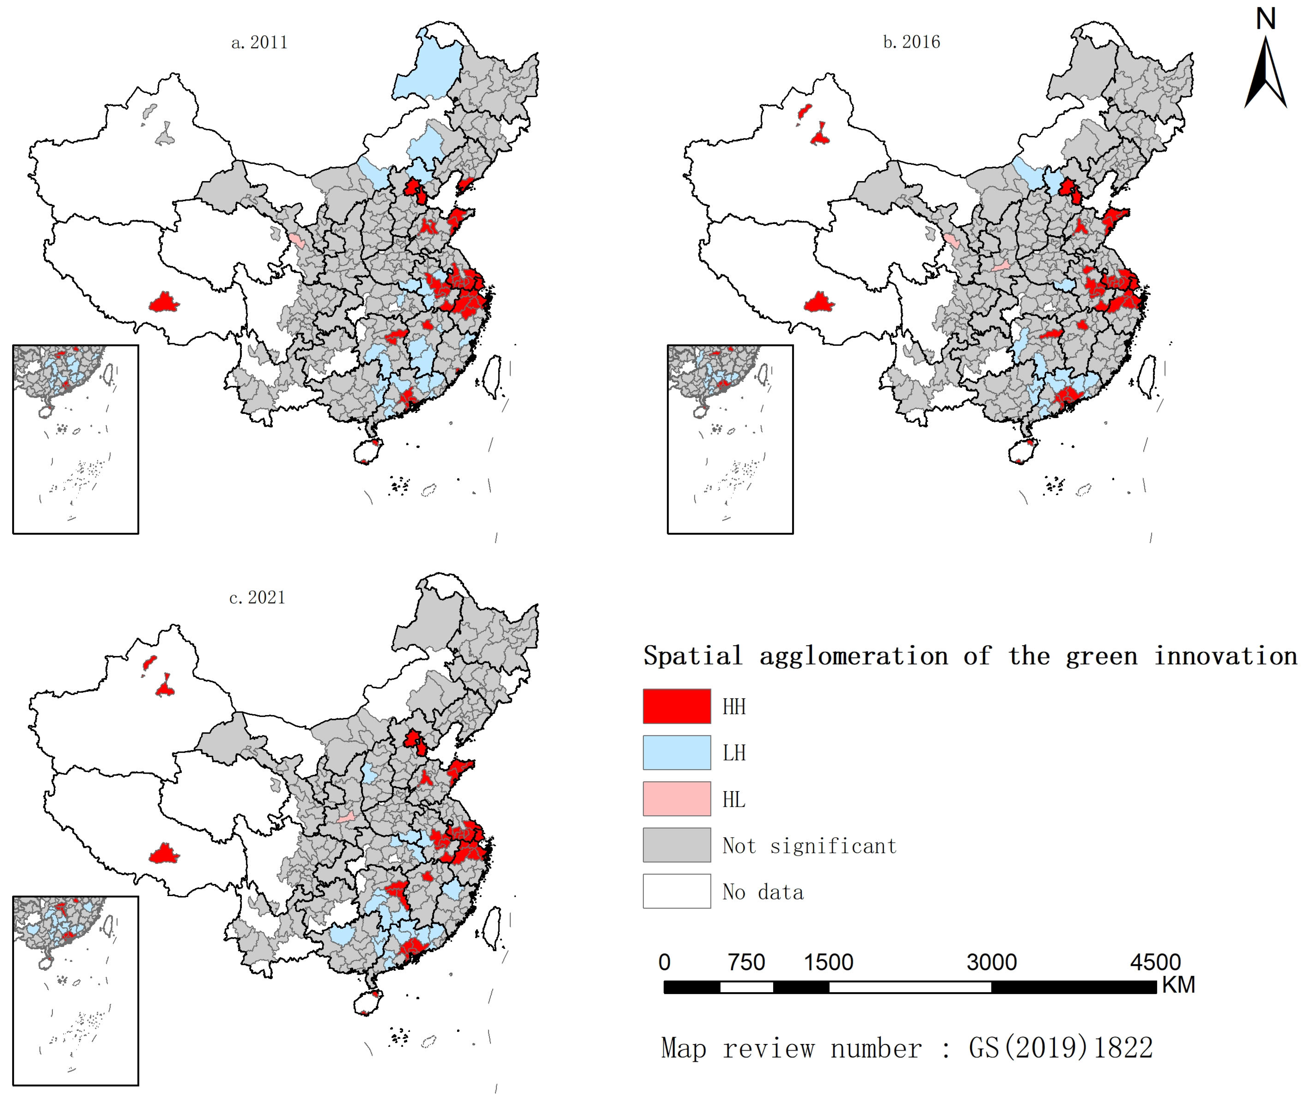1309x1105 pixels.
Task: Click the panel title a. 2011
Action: click(x=260, y=43)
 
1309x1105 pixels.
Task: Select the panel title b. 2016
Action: click(x=912, y=42)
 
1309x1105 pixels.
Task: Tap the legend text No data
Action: click(x=763, y=892)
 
